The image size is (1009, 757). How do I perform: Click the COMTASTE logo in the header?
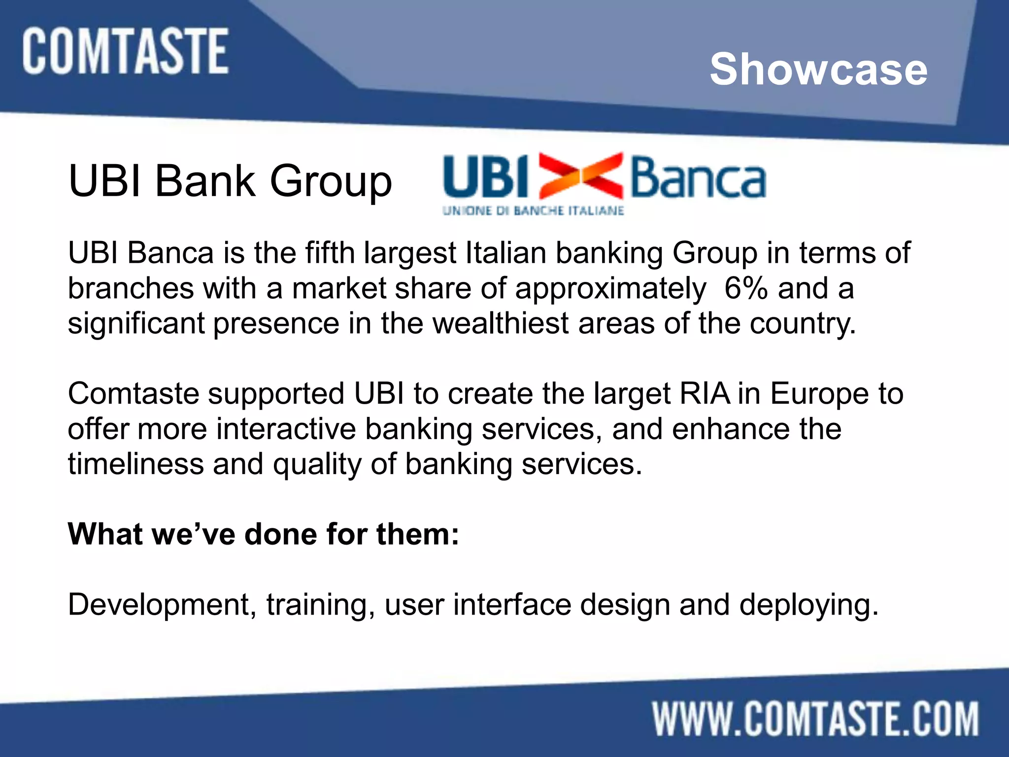coord(125,51)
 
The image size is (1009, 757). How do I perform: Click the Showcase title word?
coord(818,69)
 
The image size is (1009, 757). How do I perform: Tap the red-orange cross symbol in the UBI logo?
coord(580,175)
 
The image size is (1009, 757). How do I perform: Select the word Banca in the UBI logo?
coord(698,177)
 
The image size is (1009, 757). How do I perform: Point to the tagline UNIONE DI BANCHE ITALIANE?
coord(533,211)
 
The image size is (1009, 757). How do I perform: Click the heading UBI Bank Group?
coord(230,181)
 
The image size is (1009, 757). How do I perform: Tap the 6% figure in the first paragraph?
coord(745,288)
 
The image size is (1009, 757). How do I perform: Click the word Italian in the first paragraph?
coord(505,253)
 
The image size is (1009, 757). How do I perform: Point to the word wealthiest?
coord(501,323)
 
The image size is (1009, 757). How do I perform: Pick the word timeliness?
coord(135,464)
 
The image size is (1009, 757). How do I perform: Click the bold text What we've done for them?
coord(264,534)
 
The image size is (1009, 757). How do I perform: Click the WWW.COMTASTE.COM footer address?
coord(815,719)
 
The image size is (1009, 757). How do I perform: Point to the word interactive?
coord(286,429)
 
